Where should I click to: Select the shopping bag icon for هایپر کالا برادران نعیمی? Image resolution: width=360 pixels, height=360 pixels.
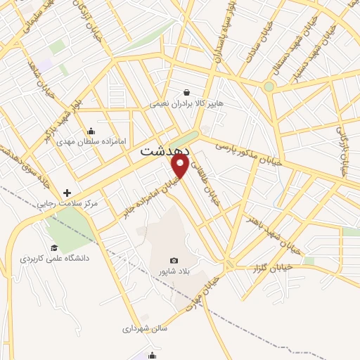point(186,91)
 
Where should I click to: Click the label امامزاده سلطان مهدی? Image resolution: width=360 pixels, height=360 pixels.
point(96,141)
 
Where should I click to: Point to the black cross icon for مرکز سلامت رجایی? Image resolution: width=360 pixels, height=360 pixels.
point(67,193)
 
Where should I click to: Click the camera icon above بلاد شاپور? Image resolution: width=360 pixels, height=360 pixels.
point(174,260)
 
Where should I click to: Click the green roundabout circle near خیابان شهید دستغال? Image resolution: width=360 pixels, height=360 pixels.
point(269,86)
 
